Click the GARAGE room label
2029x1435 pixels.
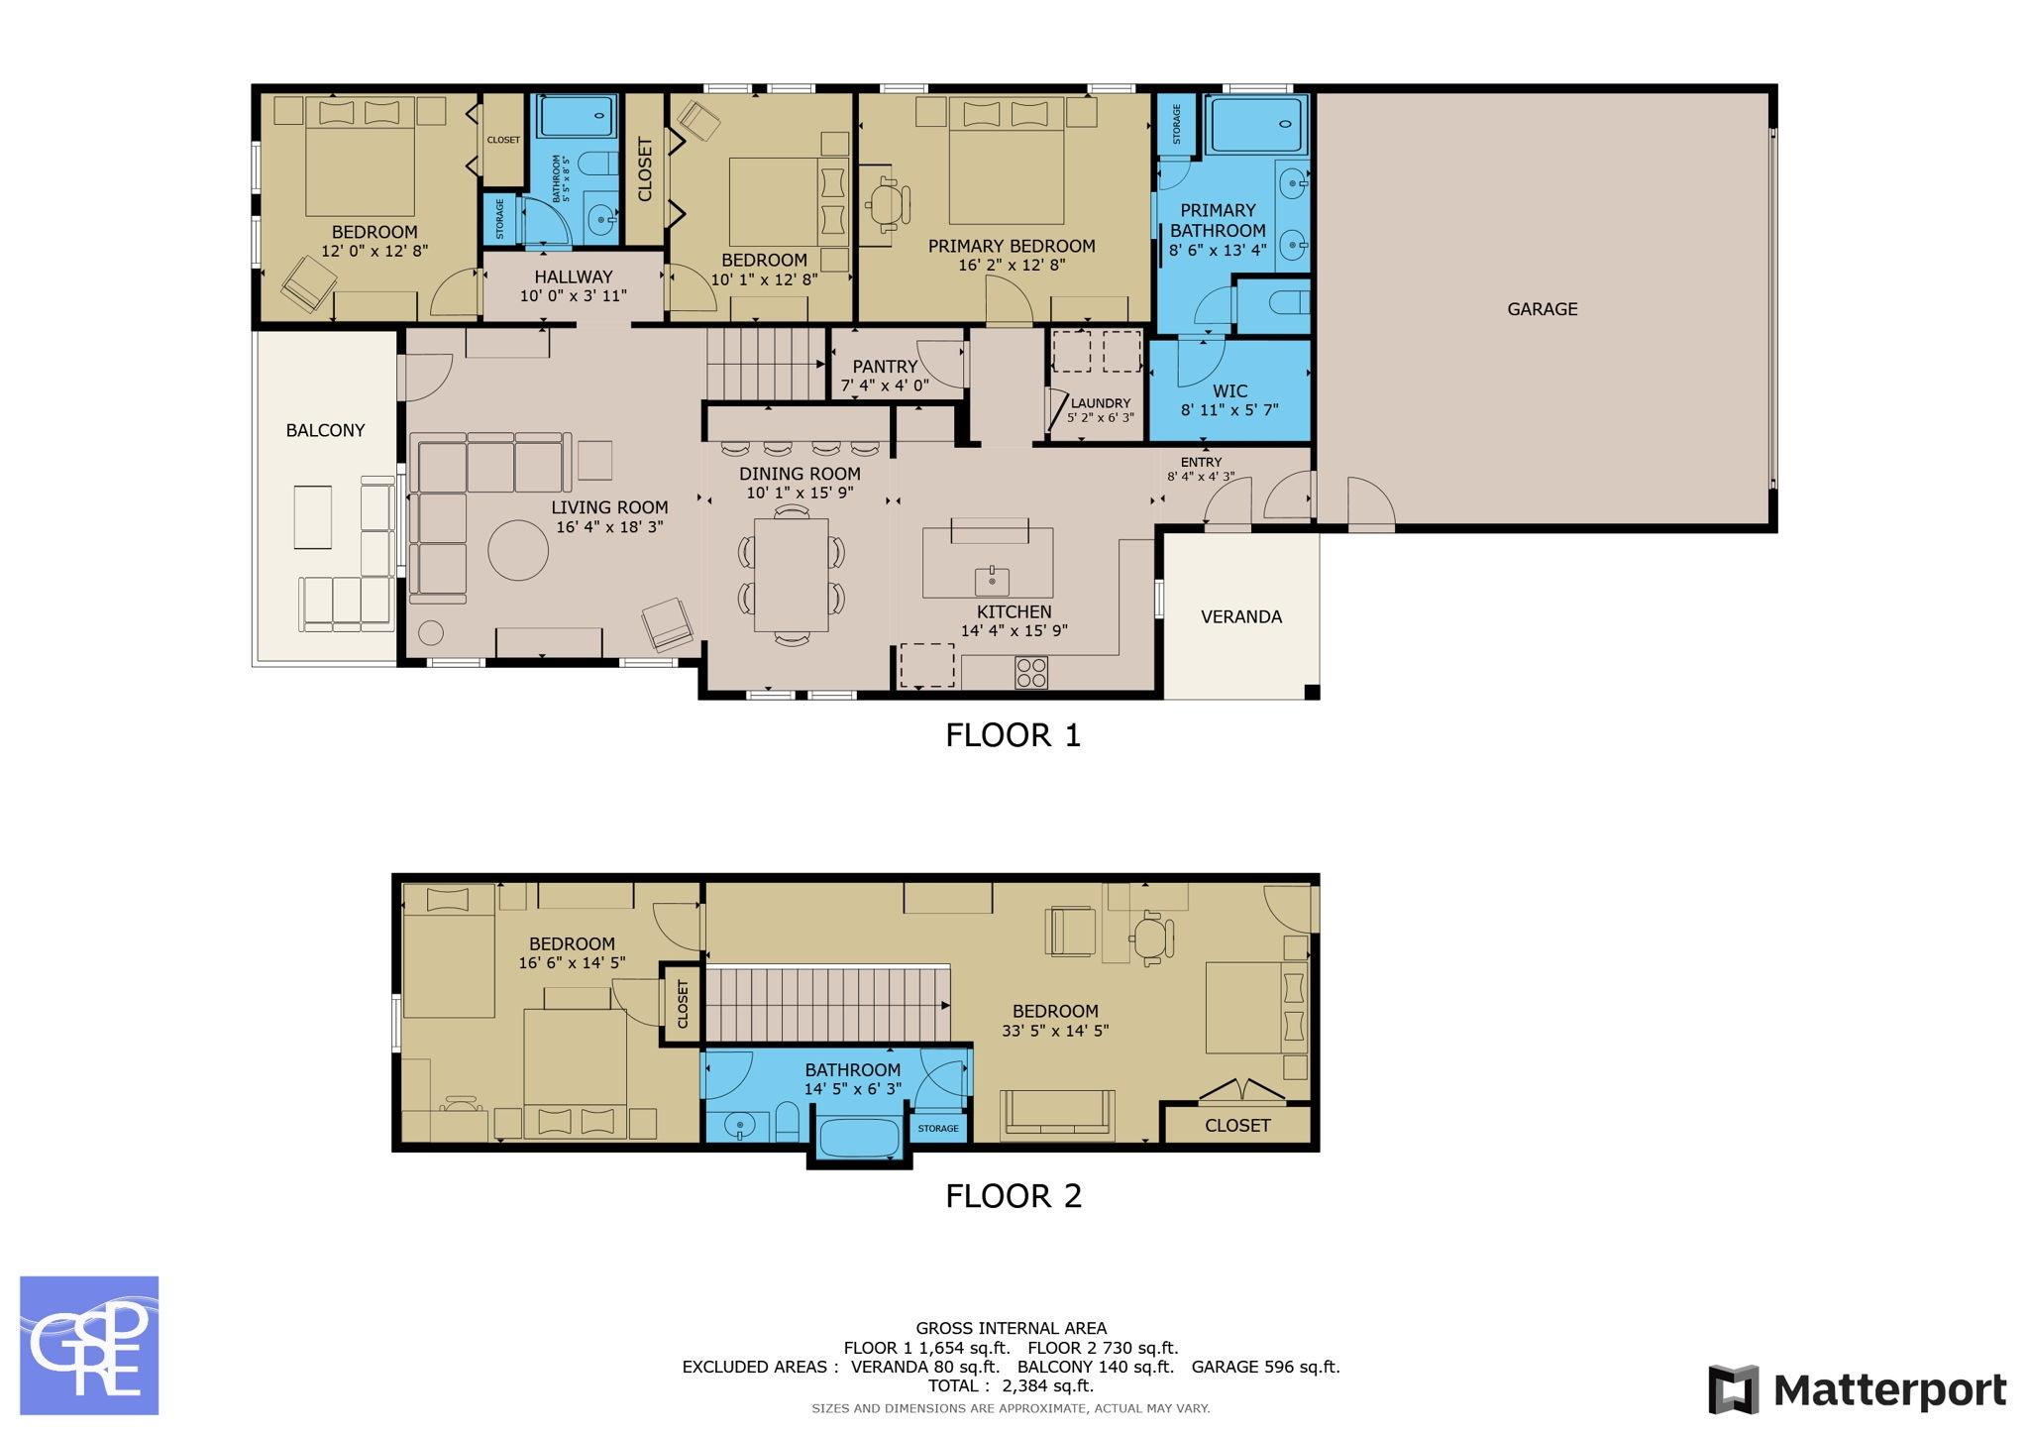[1542, 309]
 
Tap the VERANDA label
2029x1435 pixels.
[1240, 616]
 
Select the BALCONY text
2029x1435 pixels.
[325, 430]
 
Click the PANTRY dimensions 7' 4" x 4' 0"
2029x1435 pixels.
[885, 386]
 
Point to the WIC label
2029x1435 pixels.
[1228, 390]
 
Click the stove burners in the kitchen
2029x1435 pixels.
[1030, 673]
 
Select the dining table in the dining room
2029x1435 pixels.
[791, 575]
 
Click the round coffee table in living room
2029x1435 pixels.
[517, 550]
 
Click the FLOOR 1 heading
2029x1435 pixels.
[1013, 735]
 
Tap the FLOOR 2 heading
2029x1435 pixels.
[1013, 1196]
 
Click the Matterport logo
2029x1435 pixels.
[1857, 1390]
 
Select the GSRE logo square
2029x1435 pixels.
[89, 1345]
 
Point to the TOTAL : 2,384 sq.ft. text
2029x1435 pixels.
[1011, 1385]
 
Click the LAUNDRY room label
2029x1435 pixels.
[1100, 403]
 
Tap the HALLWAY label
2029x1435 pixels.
[573, 276]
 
